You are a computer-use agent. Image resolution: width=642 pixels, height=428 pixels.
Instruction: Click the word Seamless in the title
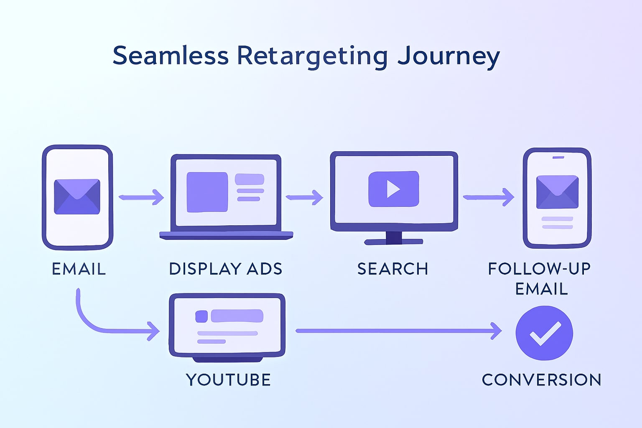pyautogui.click(x=171, y=56)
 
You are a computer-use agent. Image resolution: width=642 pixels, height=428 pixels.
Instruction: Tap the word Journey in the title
pyautogui.click(x=448, y=56)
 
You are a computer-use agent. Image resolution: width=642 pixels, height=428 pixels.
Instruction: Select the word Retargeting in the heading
pyautogui.click(x=312, y=56)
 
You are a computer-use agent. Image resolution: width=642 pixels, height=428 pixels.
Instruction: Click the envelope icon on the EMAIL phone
pyautogui.click(x=77, y=196)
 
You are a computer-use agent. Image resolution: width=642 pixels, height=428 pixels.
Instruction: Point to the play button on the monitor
pyautogui.click(x=393, y=189)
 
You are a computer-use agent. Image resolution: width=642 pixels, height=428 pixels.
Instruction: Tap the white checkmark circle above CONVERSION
pyautogui.click(x=544, y=333)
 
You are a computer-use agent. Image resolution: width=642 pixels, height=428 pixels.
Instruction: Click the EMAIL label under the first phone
pyautogui.click(x=79, y=269)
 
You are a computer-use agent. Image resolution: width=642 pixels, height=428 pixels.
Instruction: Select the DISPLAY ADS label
pyautogui.click(x=226, y=269)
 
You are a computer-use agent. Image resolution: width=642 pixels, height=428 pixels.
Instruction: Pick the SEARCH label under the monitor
pyautogui.click(x=393, y=269)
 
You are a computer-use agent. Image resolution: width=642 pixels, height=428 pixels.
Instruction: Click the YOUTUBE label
pyautogui.click(x=229, y=380)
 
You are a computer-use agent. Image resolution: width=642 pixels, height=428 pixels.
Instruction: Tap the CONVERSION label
pyautogui.click(x=542, y=380)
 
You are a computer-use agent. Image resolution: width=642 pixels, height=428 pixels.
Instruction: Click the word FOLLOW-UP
pyautogui.click(x=539, y=268)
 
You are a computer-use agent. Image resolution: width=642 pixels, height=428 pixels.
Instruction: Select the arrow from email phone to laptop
pyautogui.click(x=141, y=197)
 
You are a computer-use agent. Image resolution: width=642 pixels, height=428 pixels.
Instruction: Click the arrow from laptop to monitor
pyautogui.click(x=304, y=197)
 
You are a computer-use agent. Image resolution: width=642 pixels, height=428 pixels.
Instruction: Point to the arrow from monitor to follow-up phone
pyautogui.click(x=488, y=197)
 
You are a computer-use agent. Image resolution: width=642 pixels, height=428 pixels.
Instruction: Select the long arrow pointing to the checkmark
pyautogui.click(x=397, y=331)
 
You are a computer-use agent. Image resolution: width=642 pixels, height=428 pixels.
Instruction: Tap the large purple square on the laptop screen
pyautogui.click(x=207, y=192)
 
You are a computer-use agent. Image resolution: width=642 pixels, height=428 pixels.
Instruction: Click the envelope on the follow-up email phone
pyautogui.click(x=557, y=192)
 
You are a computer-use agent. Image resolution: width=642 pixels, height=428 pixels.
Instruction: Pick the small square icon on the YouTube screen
pyautogui.click(x=201, y=316)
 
